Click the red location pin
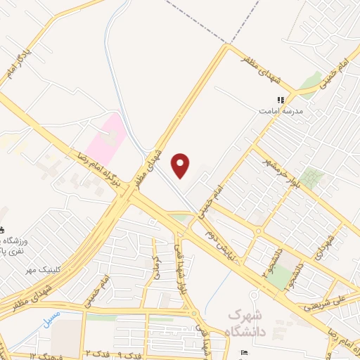click(x=181, y=165)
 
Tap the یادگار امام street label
click(x=16, y=63)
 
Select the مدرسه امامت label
click(x=280, y=111)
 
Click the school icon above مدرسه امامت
click(x=280, y=101)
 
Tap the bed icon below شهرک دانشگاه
click(x=243, y=352)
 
